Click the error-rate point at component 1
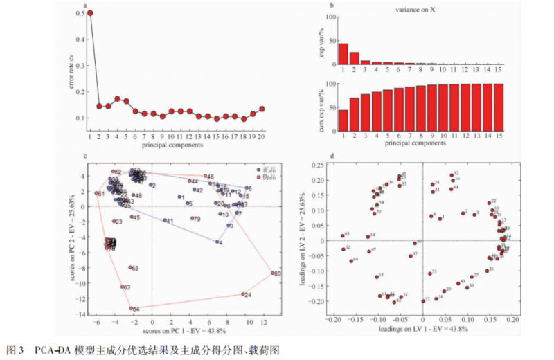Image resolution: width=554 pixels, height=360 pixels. click(90, 13)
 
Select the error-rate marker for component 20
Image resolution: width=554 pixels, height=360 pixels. click(262, 109)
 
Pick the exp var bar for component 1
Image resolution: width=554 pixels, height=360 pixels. click(343, 53)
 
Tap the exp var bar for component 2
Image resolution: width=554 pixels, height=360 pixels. click(354, 58)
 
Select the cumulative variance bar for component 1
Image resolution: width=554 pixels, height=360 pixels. click(343, 120)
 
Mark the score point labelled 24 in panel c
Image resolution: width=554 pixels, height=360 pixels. click(242, 294)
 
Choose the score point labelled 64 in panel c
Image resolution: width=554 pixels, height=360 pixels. click(130, 309)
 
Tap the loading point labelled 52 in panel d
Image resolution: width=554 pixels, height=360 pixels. click(423, 300)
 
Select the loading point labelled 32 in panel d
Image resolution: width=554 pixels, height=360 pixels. click(452, 175)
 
